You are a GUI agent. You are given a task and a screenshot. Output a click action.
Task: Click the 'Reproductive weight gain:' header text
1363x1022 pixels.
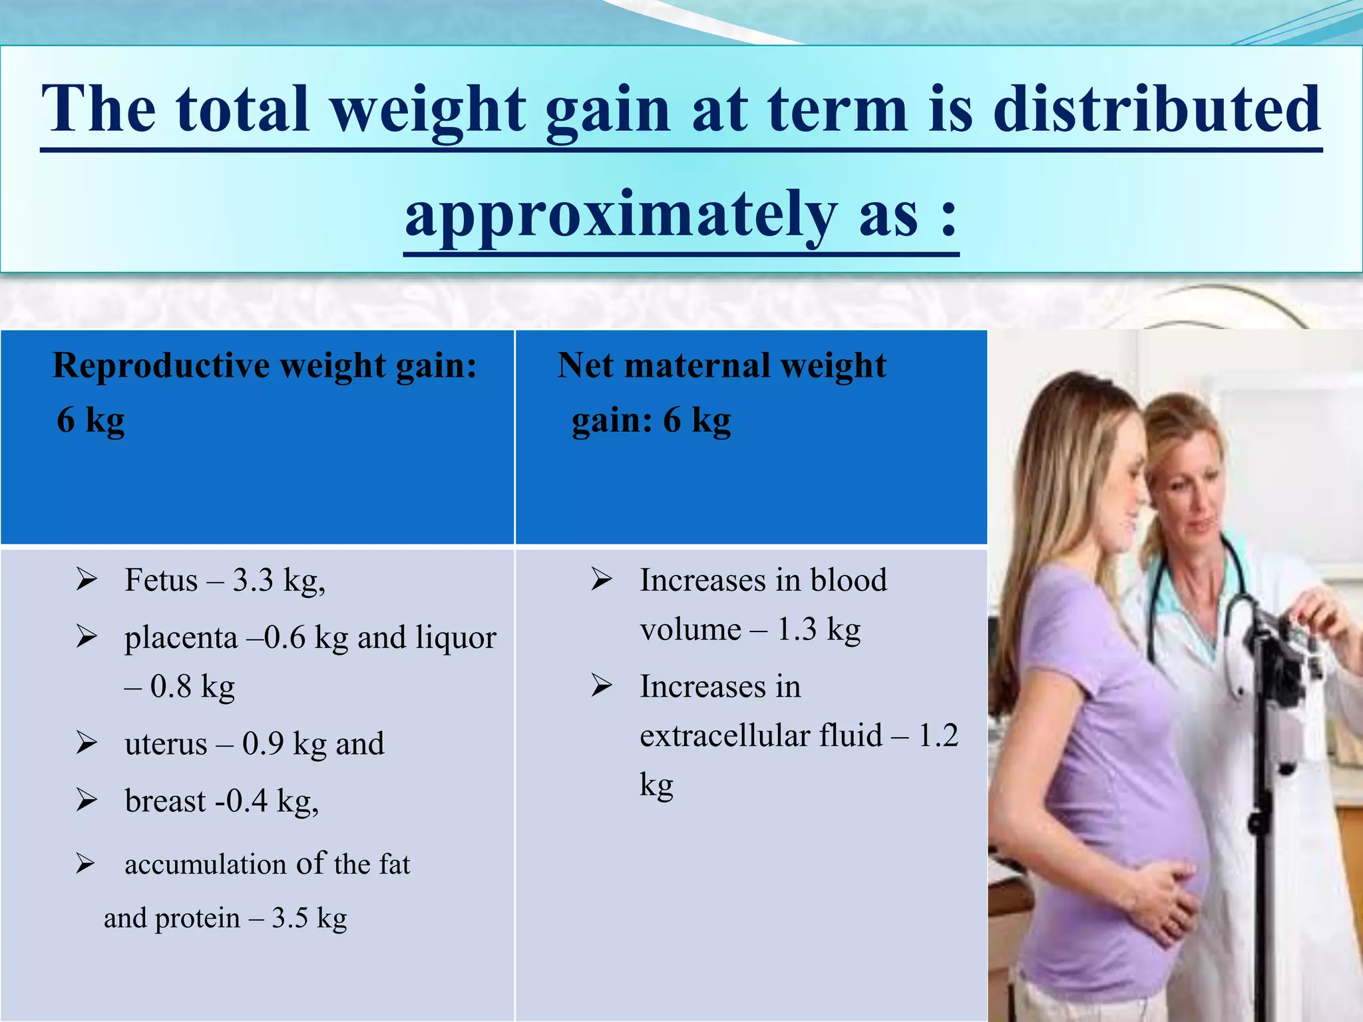(265, 366)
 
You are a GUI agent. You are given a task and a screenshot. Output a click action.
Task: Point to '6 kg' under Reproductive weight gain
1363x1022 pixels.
(91, 421)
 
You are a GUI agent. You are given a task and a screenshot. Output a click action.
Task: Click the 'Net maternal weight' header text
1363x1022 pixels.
(721, 366)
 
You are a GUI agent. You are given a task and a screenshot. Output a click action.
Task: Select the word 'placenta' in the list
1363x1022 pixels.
(181, 637)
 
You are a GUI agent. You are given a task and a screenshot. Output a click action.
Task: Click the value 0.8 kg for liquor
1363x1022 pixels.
(192, 687)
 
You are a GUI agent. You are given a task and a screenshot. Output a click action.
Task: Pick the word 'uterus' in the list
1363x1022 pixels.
(166, 744)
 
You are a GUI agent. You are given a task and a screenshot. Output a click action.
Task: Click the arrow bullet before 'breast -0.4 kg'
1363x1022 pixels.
(87, 800)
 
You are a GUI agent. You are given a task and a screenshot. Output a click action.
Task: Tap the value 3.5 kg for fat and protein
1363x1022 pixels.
(309, 918)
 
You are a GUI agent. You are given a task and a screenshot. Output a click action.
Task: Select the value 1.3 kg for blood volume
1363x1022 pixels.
(819, 629)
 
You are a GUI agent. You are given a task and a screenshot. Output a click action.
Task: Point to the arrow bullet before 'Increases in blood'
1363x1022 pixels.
(602, 580)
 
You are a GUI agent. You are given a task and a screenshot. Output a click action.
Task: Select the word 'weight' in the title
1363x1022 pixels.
(429, 110)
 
